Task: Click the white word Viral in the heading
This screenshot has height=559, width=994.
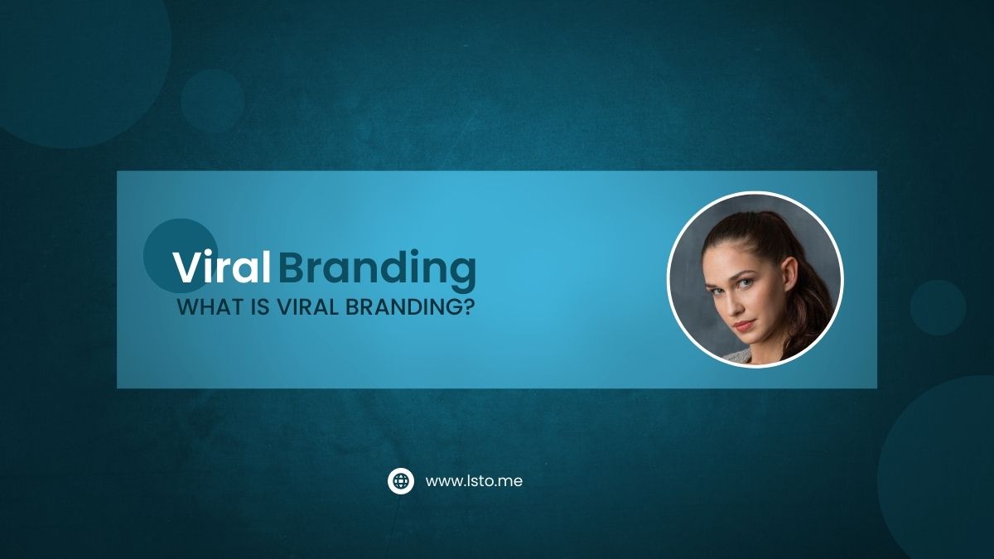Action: (221, 267)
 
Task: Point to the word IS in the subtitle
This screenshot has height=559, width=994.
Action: (260, 307)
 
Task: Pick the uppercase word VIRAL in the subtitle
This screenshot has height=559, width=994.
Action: (307, 307)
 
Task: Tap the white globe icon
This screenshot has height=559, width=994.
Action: (401, 481)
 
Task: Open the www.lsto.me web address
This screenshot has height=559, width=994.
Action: (474, 481)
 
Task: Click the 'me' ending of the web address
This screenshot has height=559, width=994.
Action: (512, 482)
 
